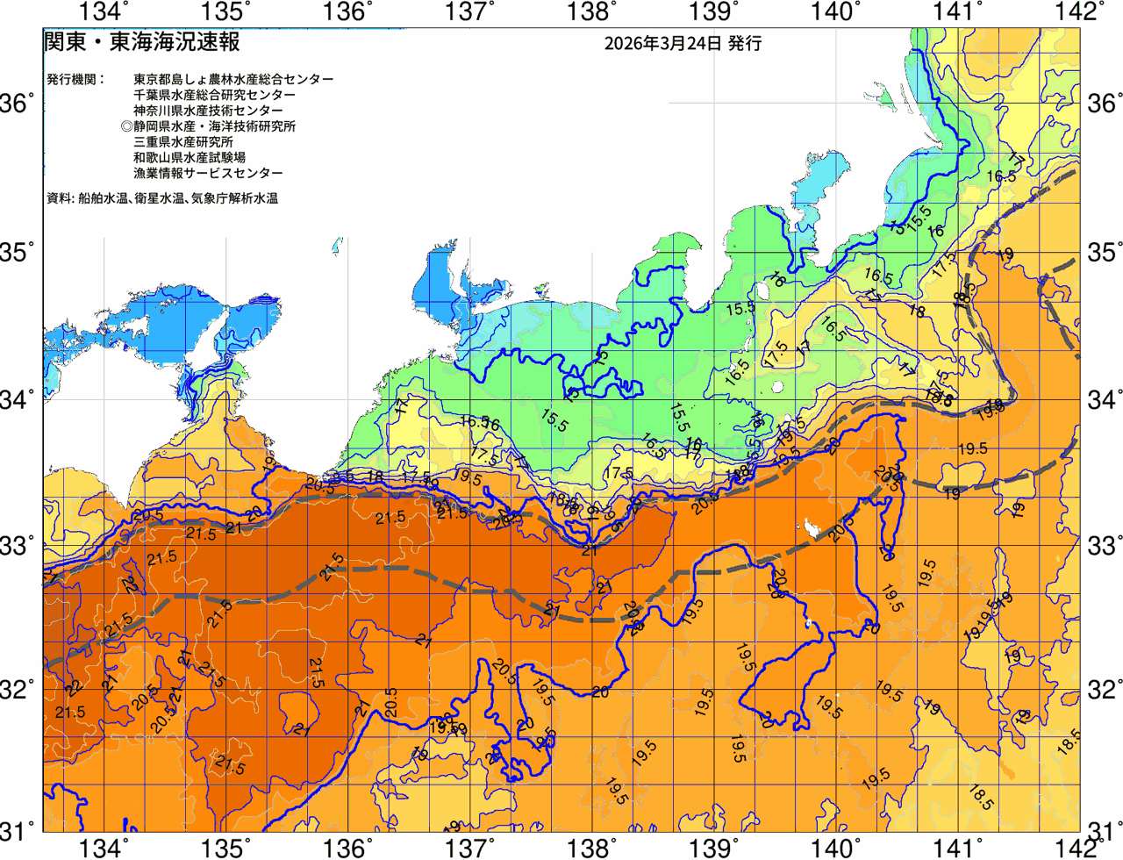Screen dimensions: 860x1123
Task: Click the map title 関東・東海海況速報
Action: [141, 41]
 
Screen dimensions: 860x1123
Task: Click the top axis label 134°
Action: [104, 11]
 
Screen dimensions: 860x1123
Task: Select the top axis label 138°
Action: [589, 11]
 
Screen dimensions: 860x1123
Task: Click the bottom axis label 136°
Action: [346, 848]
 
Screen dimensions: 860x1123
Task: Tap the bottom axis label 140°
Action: [831, 848]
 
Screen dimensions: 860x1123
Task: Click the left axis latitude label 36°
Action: [18, 104]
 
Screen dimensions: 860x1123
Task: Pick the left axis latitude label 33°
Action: [18, 545]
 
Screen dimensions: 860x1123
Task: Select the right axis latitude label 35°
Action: [1105, 253]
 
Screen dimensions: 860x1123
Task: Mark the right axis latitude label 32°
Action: [1105, 690]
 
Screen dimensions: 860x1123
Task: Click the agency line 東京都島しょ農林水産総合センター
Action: [233, 79]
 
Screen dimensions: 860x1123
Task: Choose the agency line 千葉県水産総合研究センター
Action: [214, 95]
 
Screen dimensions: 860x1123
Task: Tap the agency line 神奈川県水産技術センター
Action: [208, 111]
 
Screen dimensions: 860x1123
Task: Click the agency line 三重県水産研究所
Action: [183, 142]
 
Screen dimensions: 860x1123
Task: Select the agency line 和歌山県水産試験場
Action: [190, 158]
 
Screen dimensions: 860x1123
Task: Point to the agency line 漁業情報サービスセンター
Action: [208, 174]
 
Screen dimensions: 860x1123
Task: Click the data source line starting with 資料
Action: [162, 199]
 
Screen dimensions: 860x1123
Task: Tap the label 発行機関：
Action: [75, 79]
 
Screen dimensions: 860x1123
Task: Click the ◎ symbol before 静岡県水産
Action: [127, 126]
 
